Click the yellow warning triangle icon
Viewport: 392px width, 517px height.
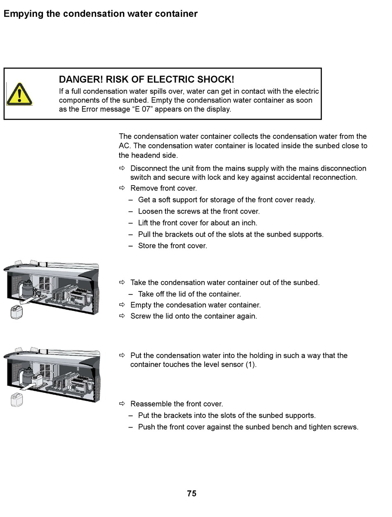coord(19,94)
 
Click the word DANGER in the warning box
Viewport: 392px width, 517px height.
coord(80,80)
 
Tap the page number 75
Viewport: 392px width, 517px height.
coord(191,493)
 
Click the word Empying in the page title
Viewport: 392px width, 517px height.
coord(21,14)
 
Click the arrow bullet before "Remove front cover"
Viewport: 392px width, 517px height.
coord(122,188)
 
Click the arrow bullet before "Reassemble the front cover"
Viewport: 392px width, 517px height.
coord(122,404)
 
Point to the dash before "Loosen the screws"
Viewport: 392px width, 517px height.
coord(130,211)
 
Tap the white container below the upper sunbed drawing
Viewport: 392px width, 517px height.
coord(17,312)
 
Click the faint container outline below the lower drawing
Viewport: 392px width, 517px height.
coord(17,400)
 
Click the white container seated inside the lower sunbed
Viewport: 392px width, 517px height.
coord(38,379)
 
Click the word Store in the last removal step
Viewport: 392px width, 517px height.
coord(147,246)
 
